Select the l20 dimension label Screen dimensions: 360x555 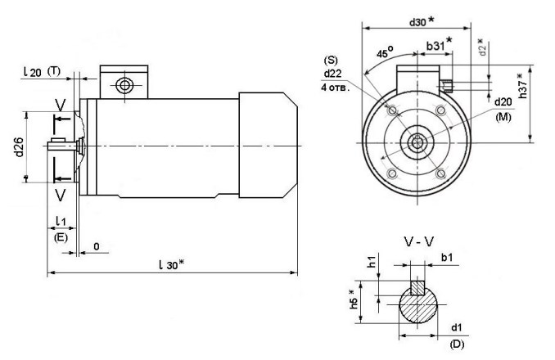[33, 73]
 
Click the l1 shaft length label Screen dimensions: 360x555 [61, 223]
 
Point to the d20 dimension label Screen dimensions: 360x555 [503, 101]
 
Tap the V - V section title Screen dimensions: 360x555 [418, 242]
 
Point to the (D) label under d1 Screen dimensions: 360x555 [456, 344]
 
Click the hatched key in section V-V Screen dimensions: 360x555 [417, 290]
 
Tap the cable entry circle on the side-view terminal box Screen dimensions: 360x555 [123, 85]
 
